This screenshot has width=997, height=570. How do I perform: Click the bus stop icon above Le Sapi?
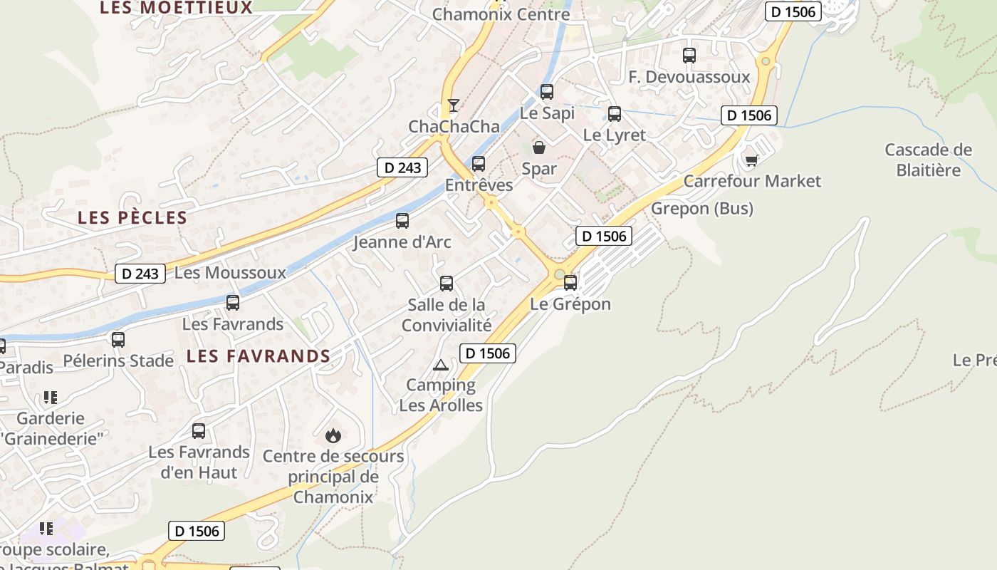pyautogui.click(x=546, y=92)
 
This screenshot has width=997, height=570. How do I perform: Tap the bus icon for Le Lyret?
pyautogui.click(x=614, y=113)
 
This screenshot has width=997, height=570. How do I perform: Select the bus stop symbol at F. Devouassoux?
pyautogui.click(x=689, y=56)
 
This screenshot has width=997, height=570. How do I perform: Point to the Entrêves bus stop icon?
pyautogui.click(x=479, y=164)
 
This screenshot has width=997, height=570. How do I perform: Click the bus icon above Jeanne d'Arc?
pyautogui.click(x=402, y=221)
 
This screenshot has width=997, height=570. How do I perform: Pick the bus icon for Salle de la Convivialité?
pyautogui.click(x=447, y=284)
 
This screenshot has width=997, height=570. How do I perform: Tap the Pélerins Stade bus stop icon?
pyautogui.click(x=118, y=340)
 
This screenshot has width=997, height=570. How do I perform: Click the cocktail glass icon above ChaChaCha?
pyautogui.click(x=454, y=105)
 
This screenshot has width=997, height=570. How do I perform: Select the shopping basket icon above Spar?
pyautogui.click(x=539, y=147)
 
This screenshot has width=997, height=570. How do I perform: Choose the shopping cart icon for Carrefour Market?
pyautogui.click(x=751, y=160)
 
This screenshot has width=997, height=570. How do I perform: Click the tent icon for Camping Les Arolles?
pyautogui.click(x=441, y=366)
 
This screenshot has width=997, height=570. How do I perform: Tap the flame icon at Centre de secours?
pyautogui.click(x=333, y=435)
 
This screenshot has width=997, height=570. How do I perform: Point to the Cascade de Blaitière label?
pyautogui.click(x=928, y=160)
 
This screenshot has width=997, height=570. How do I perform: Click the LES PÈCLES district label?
pyautogui.click(x=132, y=218)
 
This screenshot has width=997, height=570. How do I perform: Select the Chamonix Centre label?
pyautogui.click(x=501, y=14)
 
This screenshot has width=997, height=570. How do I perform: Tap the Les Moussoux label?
pyautogui.click(x=229, y=273)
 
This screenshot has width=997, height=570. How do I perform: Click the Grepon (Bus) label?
pyautogui.click(x=702, y=209)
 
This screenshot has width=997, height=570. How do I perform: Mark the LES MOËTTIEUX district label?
pyautogui.click(x=176, y=8)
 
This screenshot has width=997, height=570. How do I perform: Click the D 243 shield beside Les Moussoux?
pyautogui.click(x=140, y=274)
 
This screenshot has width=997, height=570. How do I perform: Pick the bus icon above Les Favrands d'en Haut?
pyautogui.click(x=199, y=431)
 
